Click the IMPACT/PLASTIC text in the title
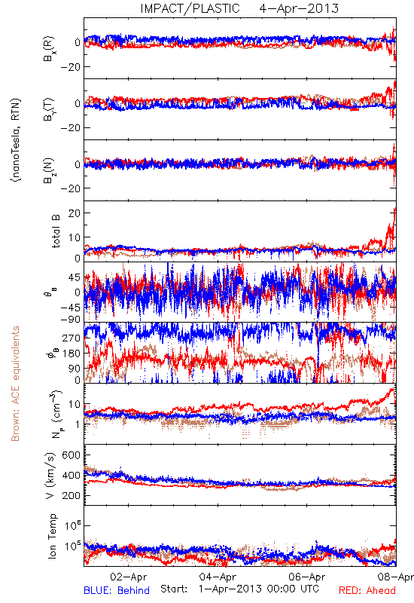(x=190, y=8)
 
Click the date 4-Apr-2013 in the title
(x=299, y=8)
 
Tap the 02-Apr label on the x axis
(x=128, y=577)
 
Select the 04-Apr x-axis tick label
(x=218, y=577)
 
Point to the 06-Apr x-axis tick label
(x=307, y=577)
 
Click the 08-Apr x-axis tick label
(x=396, y=577)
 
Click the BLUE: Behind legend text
(x=117, y=590)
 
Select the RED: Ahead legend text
(x=367, y=590)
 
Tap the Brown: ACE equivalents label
(x=15, y=384)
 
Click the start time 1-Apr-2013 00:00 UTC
(x=259, y=589)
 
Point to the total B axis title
(x=55, y=231)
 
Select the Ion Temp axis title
(x=52, y=536)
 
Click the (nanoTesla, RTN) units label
(x=16, y=140)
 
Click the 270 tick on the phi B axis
(x=72, y=338)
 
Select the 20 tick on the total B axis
(x=74, y=213)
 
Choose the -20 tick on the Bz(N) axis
(x=70, y=188)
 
